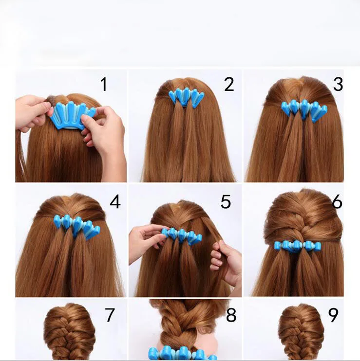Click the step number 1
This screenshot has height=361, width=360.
click(103, 84)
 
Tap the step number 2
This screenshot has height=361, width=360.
click(229, 84)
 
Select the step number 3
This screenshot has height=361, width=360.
click(338, 84)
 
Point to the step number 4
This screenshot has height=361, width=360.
click(115, 201)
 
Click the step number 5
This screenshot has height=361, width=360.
click(226, 201)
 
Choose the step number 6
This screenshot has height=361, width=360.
click(337, 201)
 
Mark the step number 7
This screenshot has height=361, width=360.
click(110, 315)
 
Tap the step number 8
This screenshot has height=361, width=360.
click(231, 316)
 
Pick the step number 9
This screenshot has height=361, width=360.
click(333, 315)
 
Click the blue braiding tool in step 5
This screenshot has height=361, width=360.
click(182, 235)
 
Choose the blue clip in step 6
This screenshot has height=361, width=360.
click(298, 246)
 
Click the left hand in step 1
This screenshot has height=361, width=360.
click(30, 113)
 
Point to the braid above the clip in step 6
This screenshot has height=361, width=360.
click(300, 221)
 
